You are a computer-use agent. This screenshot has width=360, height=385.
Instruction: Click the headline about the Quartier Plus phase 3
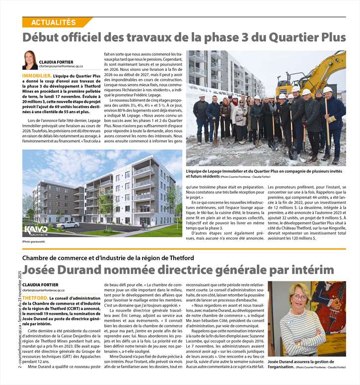pos(184,37)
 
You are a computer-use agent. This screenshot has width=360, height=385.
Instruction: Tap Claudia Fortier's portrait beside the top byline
pos(29,60)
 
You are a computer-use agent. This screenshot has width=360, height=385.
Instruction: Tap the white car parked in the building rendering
pos(68,224)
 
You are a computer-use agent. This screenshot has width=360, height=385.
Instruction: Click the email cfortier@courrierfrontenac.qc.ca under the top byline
pos(61,66)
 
